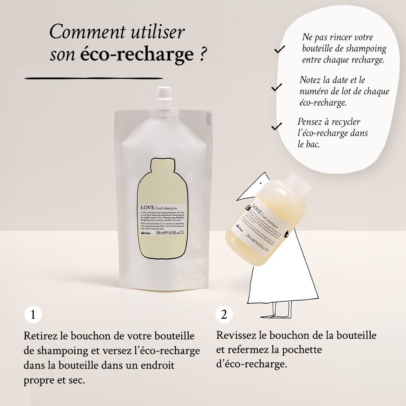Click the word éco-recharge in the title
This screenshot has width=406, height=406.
click(x=136, y=55)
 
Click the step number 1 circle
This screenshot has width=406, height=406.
click(x=33, y=315)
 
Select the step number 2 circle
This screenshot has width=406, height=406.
click(x=224, y=315)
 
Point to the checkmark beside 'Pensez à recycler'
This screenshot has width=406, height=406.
click(x=276, y=126)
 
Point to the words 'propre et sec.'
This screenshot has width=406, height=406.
click(x=54, y=380)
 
